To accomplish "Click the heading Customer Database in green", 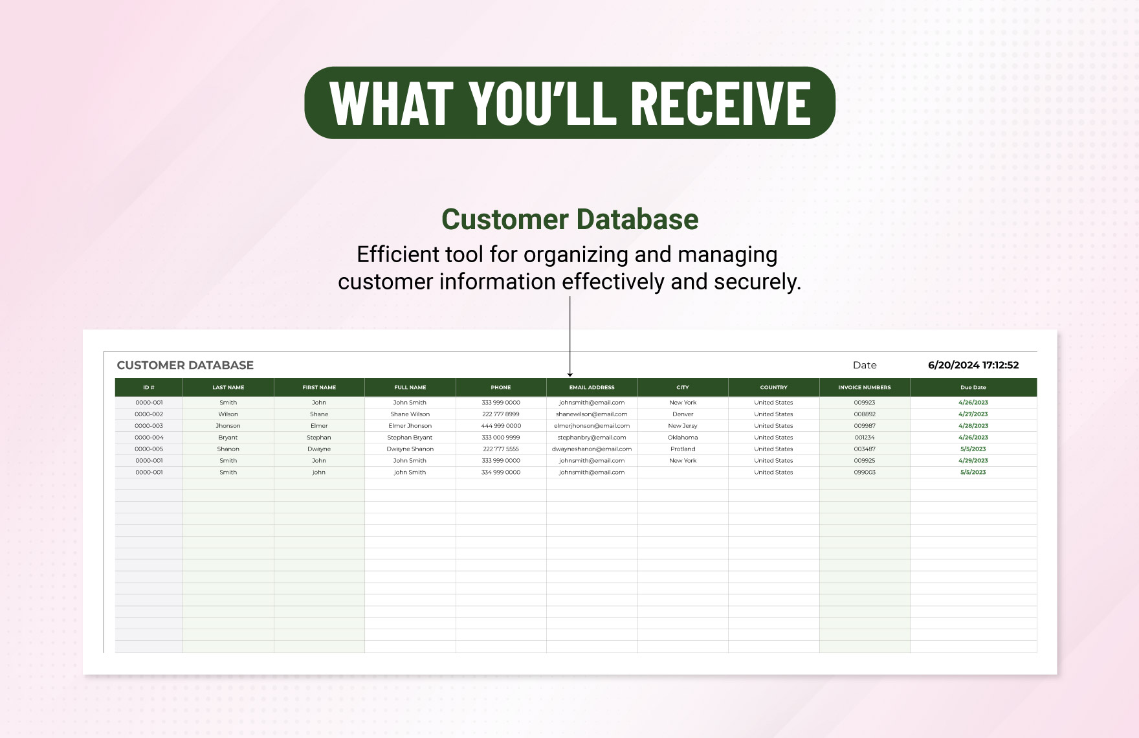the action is pos(569,219).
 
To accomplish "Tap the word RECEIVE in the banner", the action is pos(720,104).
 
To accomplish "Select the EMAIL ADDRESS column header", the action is pos(592,388).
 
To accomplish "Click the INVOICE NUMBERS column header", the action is pos(865,388).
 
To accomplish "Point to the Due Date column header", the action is pos(973,388).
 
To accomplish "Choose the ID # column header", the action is pos(149,388).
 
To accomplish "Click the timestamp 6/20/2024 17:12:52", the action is pos(973,365).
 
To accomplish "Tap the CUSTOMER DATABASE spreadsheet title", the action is pos(185,365).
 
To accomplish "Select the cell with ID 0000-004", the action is pos(149,438).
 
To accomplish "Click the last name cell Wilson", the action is pos(228,414).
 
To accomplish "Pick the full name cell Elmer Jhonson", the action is pos(410,426).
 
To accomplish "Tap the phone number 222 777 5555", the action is pos(501,449).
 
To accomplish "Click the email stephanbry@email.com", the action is pos(592,438).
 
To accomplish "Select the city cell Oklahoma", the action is pos(683,438).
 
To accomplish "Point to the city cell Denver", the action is pos(683,414).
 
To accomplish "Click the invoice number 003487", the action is pos(865,449).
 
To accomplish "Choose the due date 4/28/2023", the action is pos(973,426).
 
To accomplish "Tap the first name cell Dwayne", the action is pos(319,449).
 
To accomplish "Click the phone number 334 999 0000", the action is pos(501,473).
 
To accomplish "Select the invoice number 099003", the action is pos(865,473).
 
